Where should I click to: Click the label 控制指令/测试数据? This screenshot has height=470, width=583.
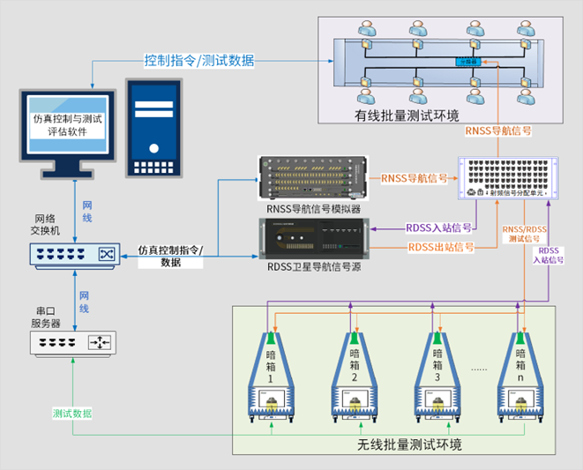point(199,61)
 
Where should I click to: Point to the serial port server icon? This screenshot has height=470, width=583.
point(74,342)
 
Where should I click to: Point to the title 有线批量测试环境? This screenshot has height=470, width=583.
point(407,116)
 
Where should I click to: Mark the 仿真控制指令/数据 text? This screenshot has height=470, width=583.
point(171,256)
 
